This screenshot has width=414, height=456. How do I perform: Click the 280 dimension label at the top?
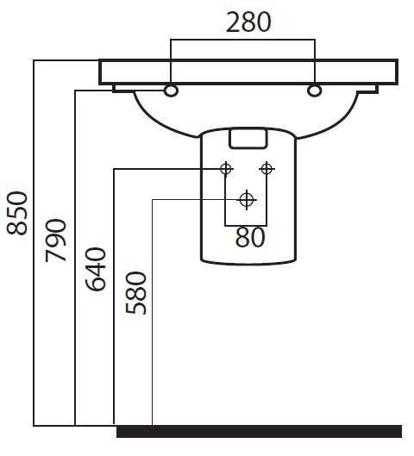tap(248, 22)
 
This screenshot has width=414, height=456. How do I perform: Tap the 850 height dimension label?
tap(17, 213)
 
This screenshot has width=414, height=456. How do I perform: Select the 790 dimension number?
tap(56, 240)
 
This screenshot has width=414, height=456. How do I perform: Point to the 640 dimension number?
tap(96, 269)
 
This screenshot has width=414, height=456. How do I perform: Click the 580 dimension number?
tap(136, 293)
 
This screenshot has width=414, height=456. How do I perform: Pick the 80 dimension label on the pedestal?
tap(250, 237)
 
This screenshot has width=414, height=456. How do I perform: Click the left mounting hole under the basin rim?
tap(171, 91)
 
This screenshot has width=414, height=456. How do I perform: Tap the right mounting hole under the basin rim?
tap(314, 91)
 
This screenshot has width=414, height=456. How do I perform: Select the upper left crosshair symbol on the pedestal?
tap(226, 169)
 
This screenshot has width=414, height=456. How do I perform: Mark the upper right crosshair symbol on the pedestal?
tap(267, 169)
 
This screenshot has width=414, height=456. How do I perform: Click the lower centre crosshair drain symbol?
tap(247, 200)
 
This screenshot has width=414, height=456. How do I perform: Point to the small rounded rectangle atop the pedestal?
tap(248, 139)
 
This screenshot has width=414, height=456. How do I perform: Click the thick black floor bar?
tap(260, 431)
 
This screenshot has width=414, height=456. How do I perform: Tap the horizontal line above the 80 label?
tap(246, 225)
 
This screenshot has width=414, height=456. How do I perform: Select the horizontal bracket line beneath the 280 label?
tap(242, 40)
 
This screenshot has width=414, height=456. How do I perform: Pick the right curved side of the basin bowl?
tap(330, 120)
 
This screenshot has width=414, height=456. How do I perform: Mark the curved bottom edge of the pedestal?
tap(248, 263)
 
